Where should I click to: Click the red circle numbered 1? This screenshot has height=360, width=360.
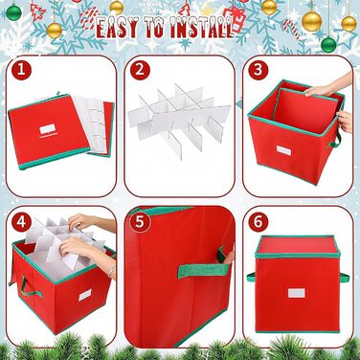21,70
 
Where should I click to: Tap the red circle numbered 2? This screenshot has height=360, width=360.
140,70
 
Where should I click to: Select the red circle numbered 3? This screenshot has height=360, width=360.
259,70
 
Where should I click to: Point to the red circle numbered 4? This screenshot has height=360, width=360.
21,221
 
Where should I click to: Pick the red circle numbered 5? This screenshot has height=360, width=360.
140,221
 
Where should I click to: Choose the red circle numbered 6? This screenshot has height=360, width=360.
259,221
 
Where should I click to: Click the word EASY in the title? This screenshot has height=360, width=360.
117,27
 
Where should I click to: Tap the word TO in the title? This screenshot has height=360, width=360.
155,27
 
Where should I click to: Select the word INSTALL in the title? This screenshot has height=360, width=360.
202,27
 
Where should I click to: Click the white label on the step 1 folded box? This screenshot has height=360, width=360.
47,129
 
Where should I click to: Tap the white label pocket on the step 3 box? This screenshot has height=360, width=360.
283,150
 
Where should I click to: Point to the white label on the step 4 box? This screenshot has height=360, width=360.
85,295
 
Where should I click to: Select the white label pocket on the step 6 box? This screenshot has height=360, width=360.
295,293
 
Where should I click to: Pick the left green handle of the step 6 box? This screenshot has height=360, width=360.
251,278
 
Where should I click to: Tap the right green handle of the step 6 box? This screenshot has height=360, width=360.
344,278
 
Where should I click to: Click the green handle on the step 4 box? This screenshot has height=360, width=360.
29,287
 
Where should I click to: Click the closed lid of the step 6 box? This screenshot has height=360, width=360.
298,247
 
